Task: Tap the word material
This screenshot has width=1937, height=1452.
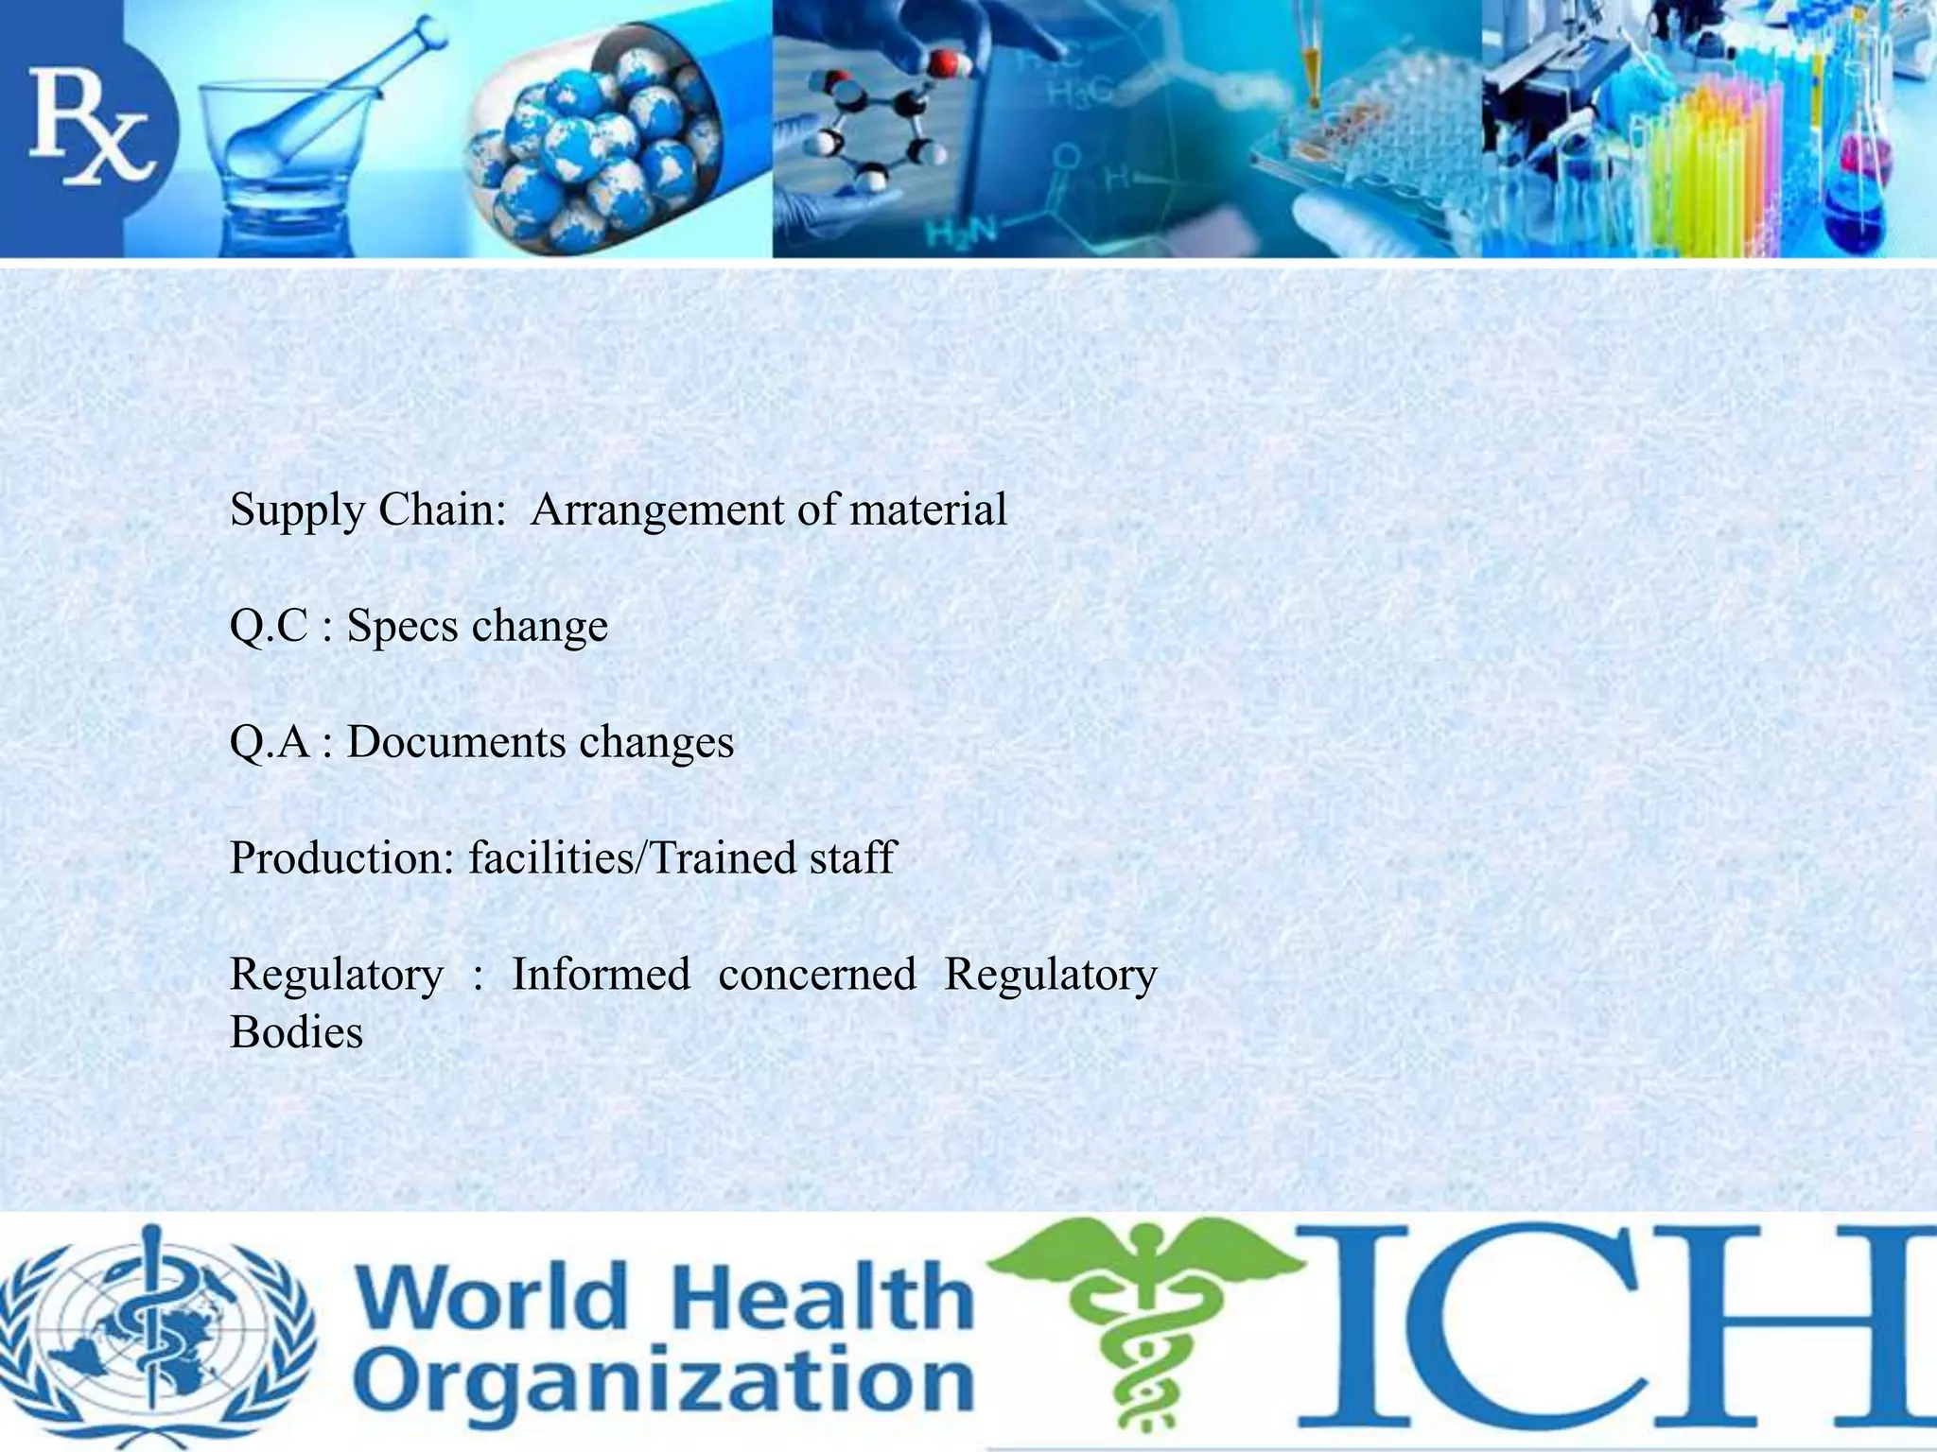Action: (x=928, y=510)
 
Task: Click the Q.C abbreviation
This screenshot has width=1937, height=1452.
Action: (x=269, y=627)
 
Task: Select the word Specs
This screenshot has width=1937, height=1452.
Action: (x=401, y=627)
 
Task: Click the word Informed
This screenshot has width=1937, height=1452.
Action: (x=601, y=975)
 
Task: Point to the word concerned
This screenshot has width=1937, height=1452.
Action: (x=817, y=975)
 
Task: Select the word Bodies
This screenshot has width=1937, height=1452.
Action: (x=296, y=1032)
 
